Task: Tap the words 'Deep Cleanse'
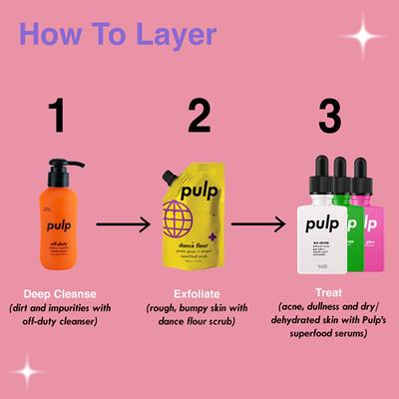click(62, 293)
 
